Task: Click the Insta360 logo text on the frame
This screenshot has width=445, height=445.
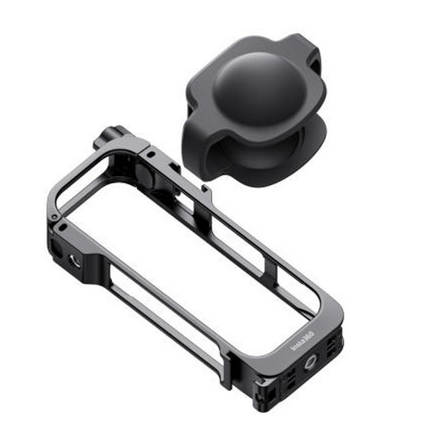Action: [303, 342]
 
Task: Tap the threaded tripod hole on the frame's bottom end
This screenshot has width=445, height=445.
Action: [311, 362]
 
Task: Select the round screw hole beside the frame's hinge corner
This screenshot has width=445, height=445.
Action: [73, 260]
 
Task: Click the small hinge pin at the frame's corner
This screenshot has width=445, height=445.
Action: [53, 217]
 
